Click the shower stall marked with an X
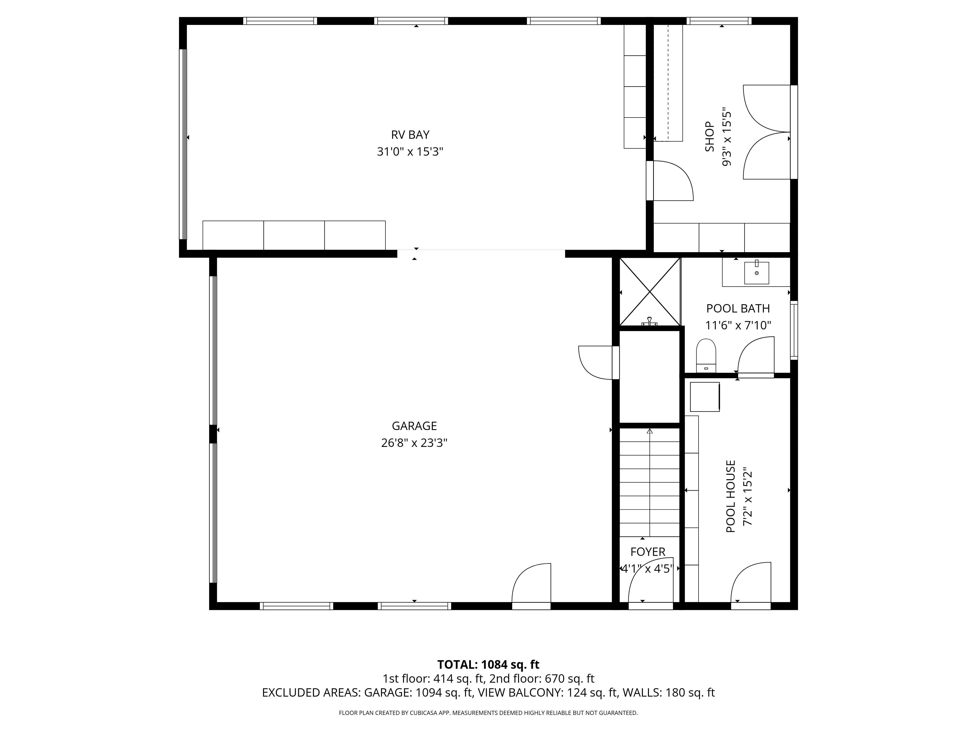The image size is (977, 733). click(x=650, y=291)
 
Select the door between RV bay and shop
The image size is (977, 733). click(x=670, y=181)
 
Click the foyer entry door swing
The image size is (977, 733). click(x=649, y=585)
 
